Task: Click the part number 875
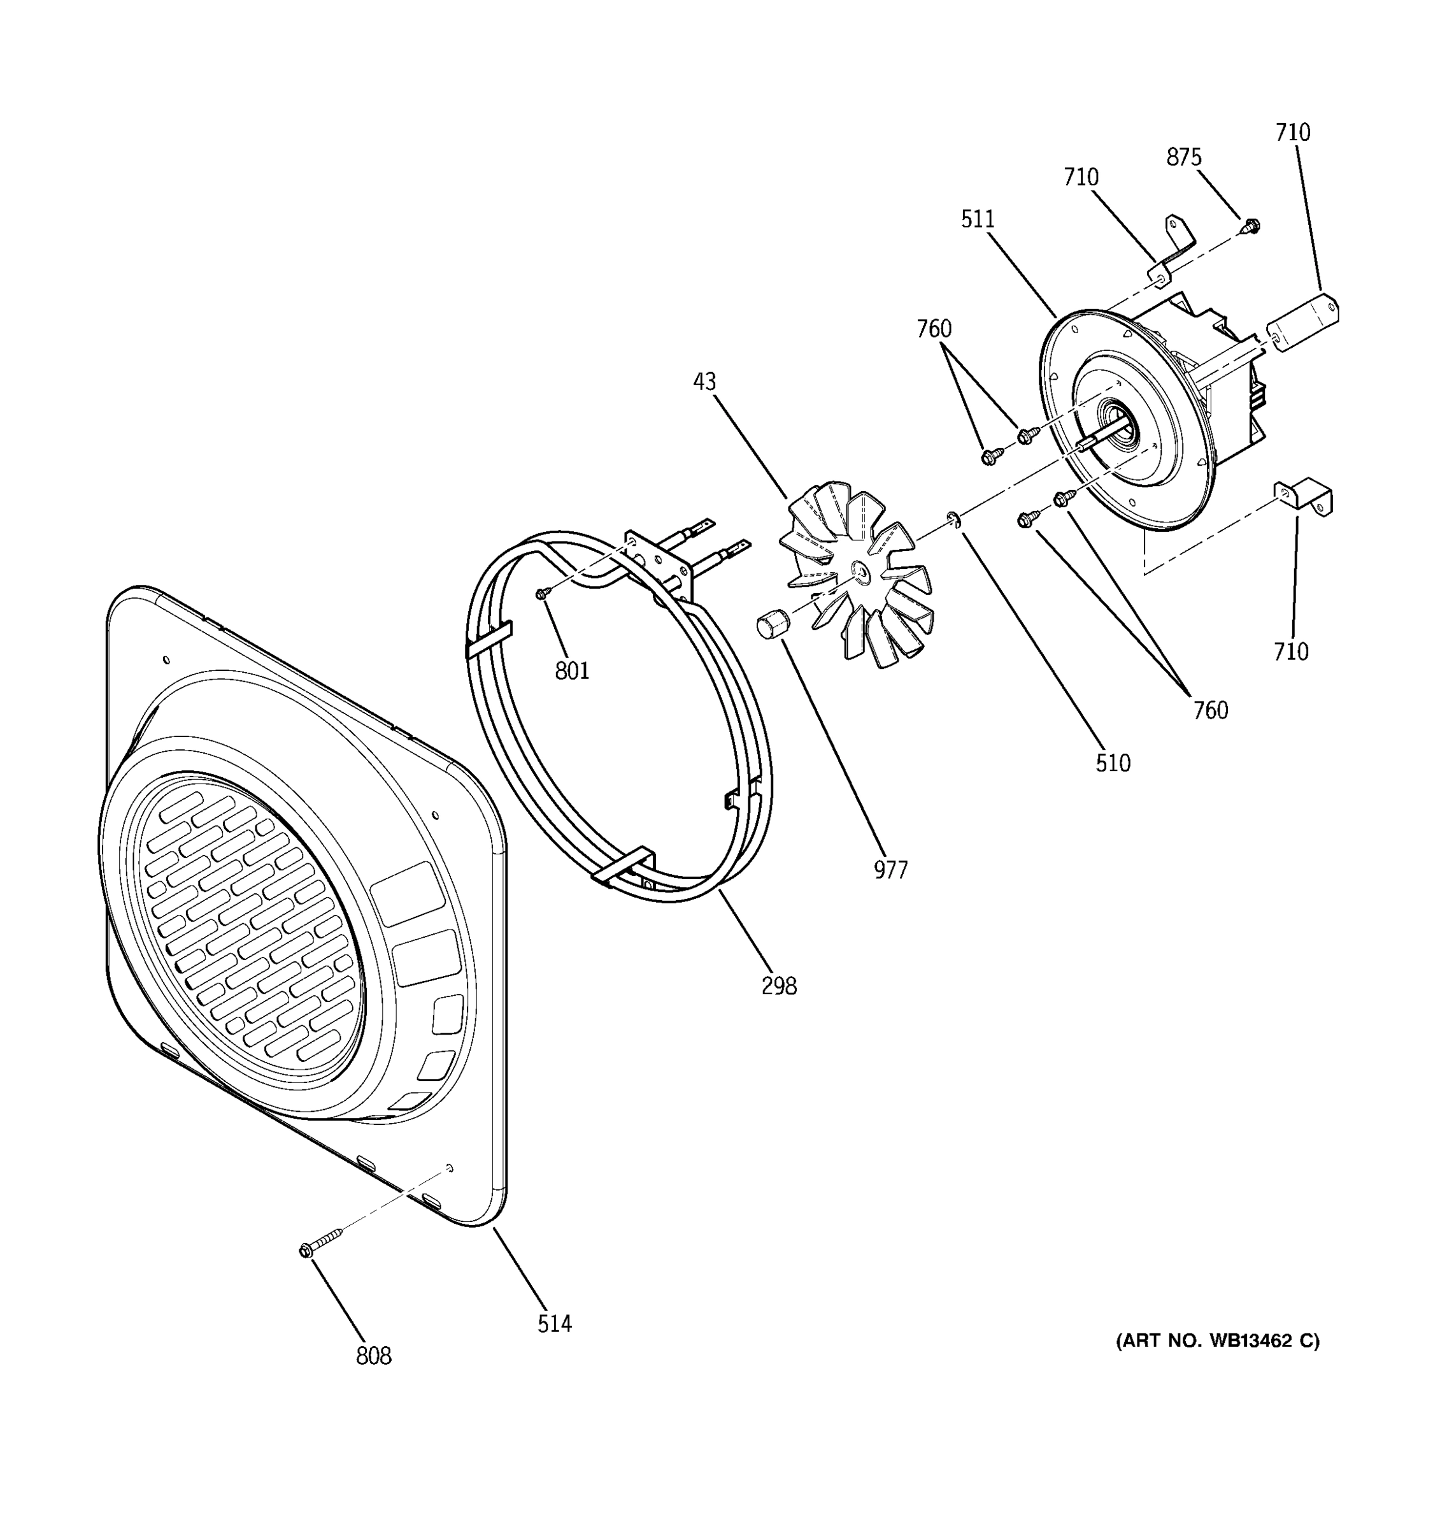pyautogui.click(x=1183, y=157)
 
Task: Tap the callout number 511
pyautogui.click(x=977, y=219)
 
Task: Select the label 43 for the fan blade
pyautogui.click(x=704, y=382)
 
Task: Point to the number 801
pyautogui.click(x=572, y=671)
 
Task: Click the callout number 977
pyautogui.click(x=890, y=870)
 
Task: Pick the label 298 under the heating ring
pyautogui.click(x=779, y=986)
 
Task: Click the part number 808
pyautogui.click(x=374, y=1356)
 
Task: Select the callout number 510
pyautogui.click(x=1113, y=763)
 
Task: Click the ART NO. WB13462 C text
pyautogui.click(x=1218, y=1341)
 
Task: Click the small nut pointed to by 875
pyautogui.click(x=1251, y=226)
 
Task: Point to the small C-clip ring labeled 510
pyautogui.click(x=953, y=520)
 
